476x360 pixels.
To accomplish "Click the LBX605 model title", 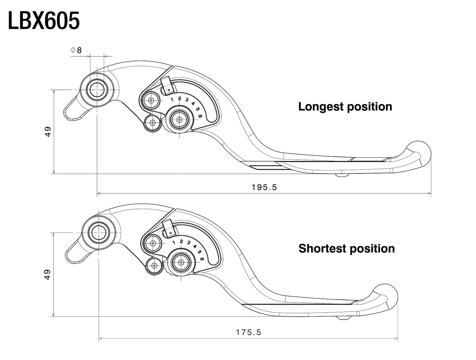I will tap(43, 21).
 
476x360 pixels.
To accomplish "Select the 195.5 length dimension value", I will tap(264, 187).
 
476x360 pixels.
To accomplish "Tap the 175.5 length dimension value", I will tap(248, 332).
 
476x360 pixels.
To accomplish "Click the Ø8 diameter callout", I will tap(76, 50).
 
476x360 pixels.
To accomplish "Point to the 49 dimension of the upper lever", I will tap(48, 132).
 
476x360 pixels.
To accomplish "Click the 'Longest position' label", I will tap(345, 107).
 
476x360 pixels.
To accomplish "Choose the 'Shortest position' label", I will tap(346, 248).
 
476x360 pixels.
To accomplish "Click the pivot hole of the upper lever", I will tap(97, 90).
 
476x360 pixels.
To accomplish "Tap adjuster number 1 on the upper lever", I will tap(172, 99).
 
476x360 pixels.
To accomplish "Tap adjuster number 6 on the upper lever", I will tap(200, 115).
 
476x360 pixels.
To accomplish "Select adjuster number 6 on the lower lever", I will tap(202, 259).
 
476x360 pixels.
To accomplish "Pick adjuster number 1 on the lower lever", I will tap(174, 242).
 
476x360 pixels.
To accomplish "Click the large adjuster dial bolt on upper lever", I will tap(179, 119).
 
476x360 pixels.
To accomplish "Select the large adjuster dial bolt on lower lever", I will tap(181, 262).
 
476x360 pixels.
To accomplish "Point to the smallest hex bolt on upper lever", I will tap(152, 123).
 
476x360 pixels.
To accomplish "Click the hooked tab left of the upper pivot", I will tap(73, 110).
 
